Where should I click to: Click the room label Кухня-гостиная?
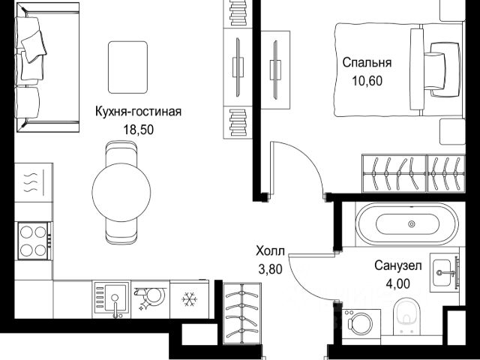[x=138, y=112]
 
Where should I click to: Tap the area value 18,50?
[x=138, y=130]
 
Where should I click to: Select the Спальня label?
[x=367, y=63]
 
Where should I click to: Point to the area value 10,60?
[x=367, y=81]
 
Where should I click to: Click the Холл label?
[x=270, y=251]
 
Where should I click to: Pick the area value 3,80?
[x=270, y=270]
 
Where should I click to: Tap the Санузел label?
[x=398, y=265]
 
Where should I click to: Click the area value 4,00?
[x=398, y=283]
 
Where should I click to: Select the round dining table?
[x=121, y=192]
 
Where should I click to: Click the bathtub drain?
[x=412, y=224]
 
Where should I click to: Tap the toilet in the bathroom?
[x=406, y=316]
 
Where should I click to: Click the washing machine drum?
[x=362, y=324]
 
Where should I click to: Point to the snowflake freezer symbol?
[x=189, y=299]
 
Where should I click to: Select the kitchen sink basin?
[x=115, y=298]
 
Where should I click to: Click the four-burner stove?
[x=33, y=241]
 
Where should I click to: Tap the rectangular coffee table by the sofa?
[x=127, y=67]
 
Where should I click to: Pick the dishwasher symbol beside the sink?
[x=151, y=299]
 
